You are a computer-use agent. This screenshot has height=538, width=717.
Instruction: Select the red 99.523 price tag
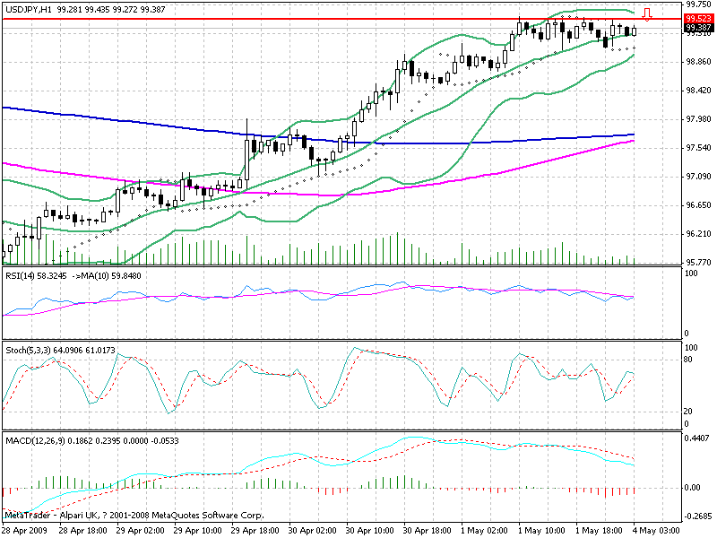click(x=698, y=18)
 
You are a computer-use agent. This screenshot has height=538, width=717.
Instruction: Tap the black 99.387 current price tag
click(x=698, y=28)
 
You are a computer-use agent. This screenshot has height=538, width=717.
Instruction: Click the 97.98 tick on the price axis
click(x=696, y=119)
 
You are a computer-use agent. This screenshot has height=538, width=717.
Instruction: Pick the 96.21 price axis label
click(x=696, y=234)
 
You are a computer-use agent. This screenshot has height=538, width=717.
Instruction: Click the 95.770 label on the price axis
click(x=698, y=263)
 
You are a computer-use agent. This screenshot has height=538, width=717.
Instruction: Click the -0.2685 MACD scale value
click(x=698, y=516)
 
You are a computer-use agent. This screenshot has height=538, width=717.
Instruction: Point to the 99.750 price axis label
click(x=698, y=4)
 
